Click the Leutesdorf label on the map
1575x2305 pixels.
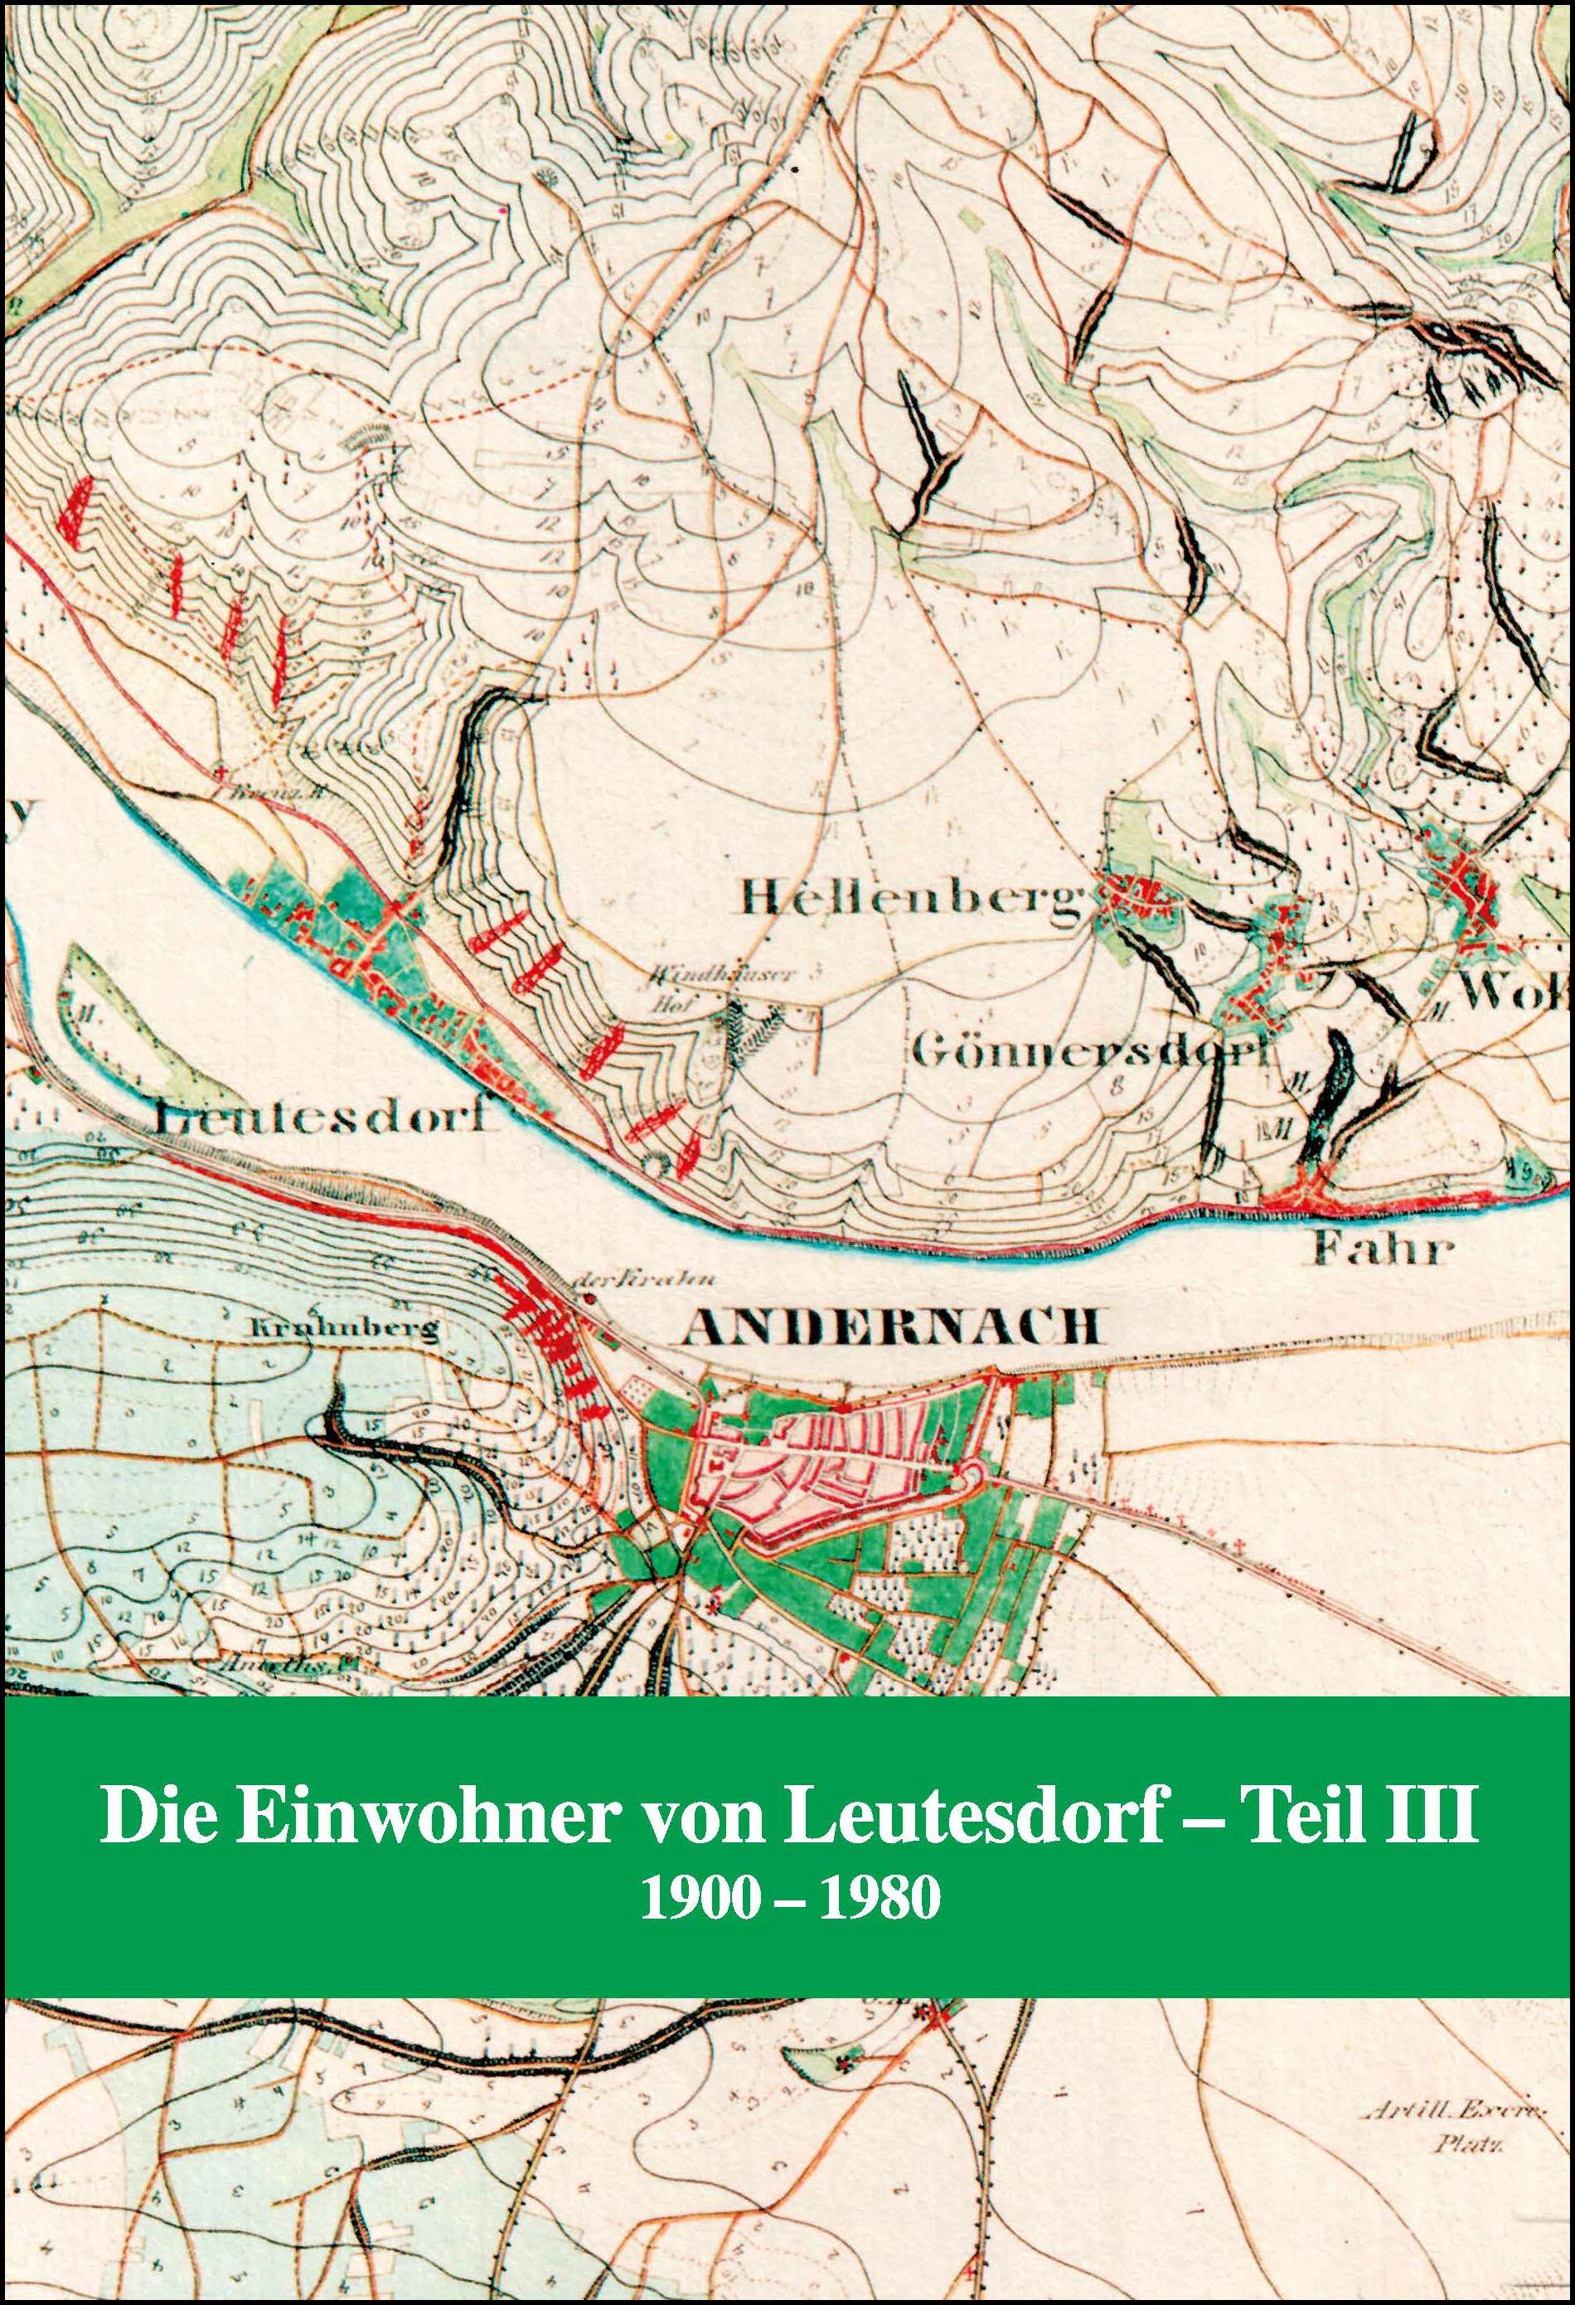pos(322,1119)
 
